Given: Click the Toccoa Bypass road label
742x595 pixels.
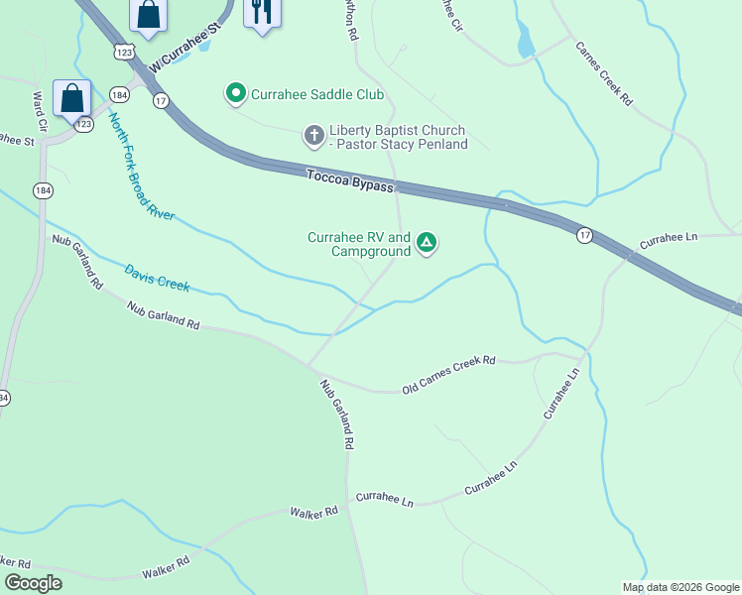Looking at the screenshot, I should pos(349,180).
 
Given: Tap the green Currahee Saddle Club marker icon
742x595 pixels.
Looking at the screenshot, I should pos(236,94).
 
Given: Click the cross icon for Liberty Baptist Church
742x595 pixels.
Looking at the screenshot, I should pos(313,134).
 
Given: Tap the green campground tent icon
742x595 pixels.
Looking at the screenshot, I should pos(427,241).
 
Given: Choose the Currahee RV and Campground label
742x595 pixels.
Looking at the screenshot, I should pos(359,245).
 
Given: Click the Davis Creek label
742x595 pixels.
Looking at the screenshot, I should pos(157,277).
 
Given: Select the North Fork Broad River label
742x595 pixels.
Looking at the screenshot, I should pos(141,166).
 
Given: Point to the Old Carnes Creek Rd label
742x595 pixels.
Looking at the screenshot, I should pos(448,375).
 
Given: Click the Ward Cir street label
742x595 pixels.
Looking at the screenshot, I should pos(42,111).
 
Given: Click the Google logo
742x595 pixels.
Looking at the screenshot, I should pos(33,583).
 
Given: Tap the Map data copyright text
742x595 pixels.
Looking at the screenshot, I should pos(680,587).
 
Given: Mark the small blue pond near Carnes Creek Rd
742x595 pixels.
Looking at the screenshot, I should pos(525,42).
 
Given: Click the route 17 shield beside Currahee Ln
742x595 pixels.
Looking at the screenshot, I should pos(585,235).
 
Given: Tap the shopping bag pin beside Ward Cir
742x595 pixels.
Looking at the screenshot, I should pos(72,99).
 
